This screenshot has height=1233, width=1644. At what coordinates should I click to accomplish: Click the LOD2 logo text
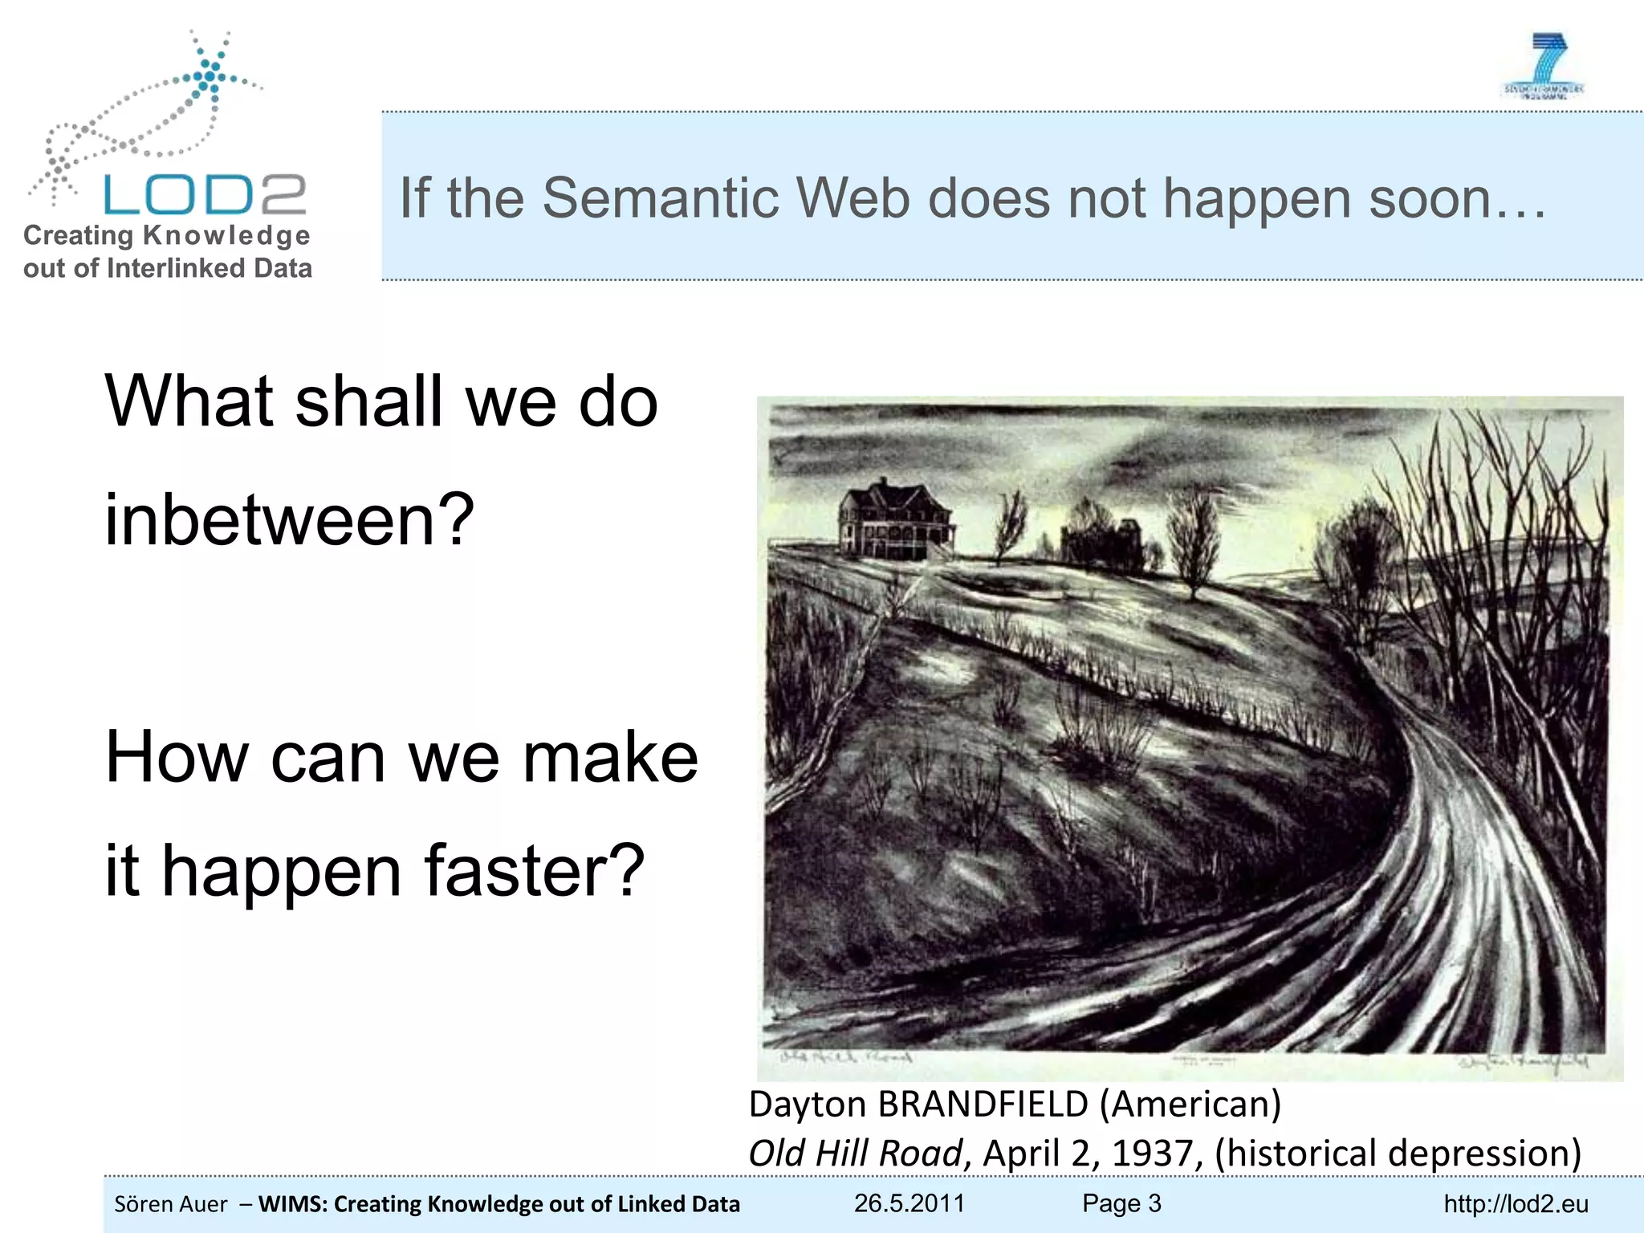pyautogui.click(x=205, y=195)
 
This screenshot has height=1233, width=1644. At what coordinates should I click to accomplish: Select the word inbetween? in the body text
pyautogui.click(x=289, y=519)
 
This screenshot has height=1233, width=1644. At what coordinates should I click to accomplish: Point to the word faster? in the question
pyautogui.click(x=534, y=872)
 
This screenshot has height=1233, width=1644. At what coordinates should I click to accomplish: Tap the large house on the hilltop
pyautogui.click(x=895, y=521)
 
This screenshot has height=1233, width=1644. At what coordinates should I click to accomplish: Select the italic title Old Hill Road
pyautogui.click(x=854, y=1154)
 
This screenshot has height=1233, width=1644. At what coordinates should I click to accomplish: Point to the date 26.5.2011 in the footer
pyautogui.click(x=909, y=1203)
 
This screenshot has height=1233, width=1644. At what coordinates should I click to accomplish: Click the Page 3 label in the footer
pyautogui.click(x=1121, y=1203)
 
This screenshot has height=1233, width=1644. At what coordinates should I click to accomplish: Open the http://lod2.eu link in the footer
pyautogui.click(x=1516, y=1204)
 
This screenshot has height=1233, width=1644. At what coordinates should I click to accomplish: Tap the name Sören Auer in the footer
pyautogui.click(x=171, y=1204)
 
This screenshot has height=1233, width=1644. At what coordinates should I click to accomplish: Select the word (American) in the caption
pyautogui.click(x=1190, y=1105)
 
